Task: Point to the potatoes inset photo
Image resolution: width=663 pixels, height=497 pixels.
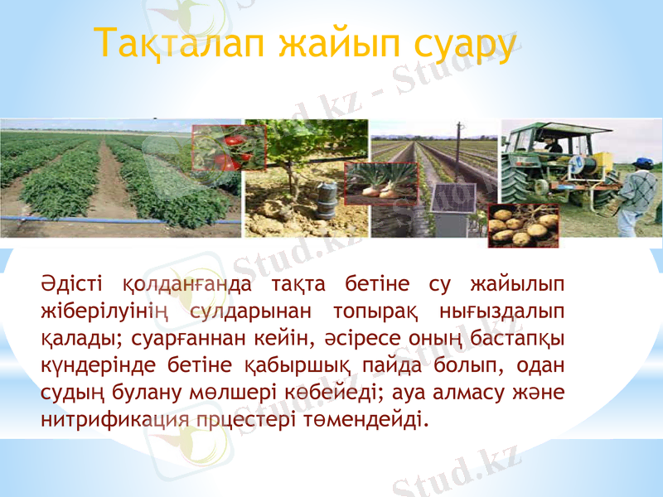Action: pyautogui.click(x=523, y=225)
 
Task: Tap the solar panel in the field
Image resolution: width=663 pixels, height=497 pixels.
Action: pyautogui.click(x=454, y=199)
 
